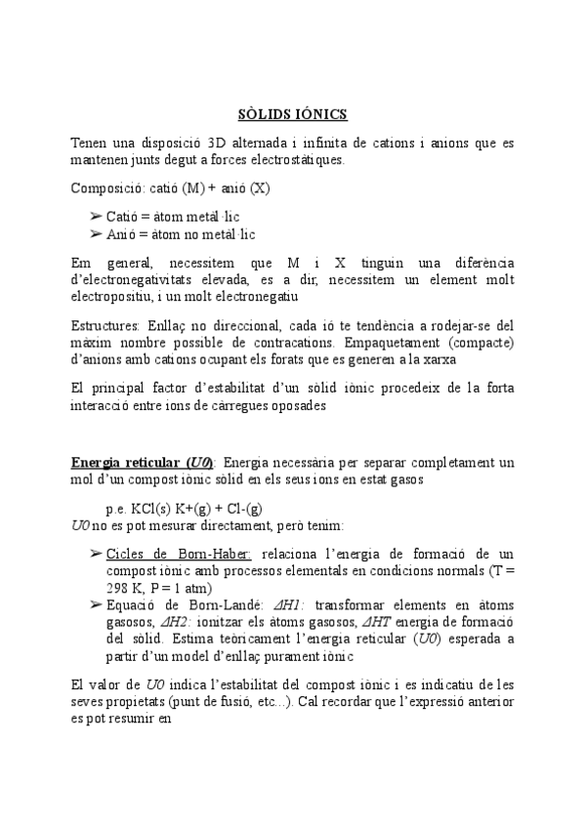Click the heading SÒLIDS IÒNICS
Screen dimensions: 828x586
tap(293, 114)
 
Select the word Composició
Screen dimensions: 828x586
tap(105, 187)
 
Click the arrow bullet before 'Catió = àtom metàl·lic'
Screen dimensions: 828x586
tap(96, 216)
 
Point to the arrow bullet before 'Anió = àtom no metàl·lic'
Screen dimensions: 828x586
tap(96, 233)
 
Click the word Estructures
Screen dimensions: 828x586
tap(105, 324)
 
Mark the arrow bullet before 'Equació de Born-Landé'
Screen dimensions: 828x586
tap(96, 605)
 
